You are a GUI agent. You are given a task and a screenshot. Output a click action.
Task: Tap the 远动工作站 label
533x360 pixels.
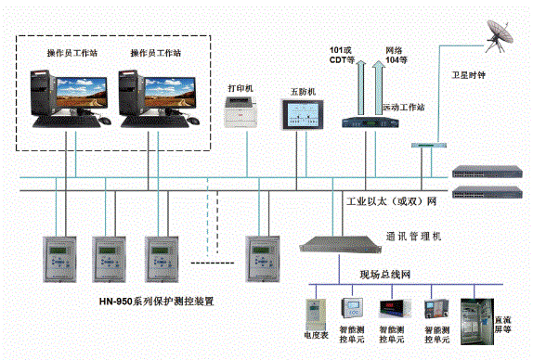point(403,109)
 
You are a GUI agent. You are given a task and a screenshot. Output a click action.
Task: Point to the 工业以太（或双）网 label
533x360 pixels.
point(391,202)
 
